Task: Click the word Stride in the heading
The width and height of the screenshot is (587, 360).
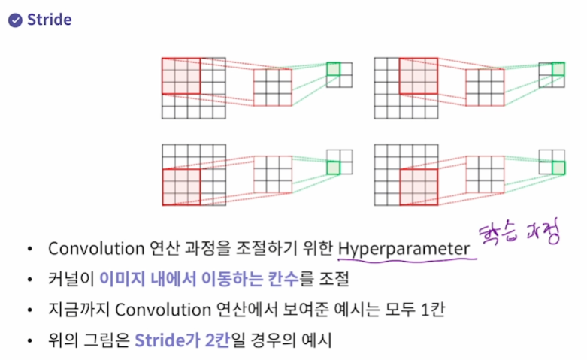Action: (x=49, y=20)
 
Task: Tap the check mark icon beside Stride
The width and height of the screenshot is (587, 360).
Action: (x=14, y=20)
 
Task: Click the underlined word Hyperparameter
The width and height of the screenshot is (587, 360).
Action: (x=404, y=248)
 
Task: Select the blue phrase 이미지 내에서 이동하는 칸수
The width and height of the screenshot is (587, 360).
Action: (x=198, y=279)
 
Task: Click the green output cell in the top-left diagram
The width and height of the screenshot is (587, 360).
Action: (x=333, y=69)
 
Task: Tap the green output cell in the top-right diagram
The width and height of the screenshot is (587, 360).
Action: (x=558, y=69)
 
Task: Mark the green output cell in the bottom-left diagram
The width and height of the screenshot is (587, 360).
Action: (x=333, y=168)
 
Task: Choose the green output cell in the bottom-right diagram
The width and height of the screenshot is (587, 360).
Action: (x=558, y=168)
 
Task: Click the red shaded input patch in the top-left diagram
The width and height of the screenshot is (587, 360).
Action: (x=181, y=76)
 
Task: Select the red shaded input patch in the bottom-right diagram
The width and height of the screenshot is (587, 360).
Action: (x=419, y=187)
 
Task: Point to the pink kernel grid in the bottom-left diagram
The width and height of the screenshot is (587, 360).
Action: (x=272, y=175)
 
